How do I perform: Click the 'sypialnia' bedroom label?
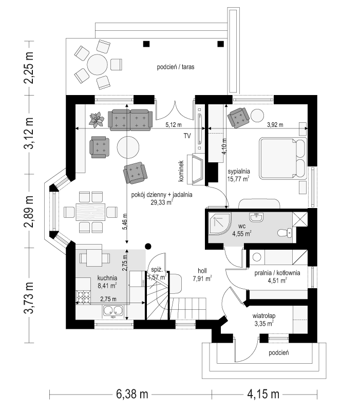pos(238,172)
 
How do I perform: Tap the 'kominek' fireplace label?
pos(181,171)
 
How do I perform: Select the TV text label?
pos(187,136)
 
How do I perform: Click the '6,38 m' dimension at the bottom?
pos(132,394)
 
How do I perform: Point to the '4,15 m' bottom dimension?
pos(263,394)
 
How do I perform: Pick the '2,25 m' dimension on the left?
pos(29,67)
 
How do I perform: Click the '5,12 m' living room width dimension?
pos(174,125)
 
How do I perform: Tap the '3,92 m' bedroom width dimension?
pos(275,125)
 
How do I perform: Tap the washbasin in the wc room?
pos(256,217)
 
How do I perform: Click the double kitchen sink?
pos(113,311)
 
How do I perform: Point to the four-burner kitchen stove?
pos(83,297)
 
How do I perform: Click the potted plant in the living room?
pos(96,120)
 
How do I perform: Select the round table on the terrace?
pos(97,65)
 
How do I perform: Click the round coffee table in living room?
pos(128,148)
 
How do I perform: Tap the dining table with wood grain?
pos(90,212)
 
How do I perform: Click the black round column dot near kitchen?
pos(148,246)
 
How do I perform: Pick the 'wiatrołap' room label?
pos(264,316)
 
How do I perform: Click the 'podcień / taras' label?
pos(176,67)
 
